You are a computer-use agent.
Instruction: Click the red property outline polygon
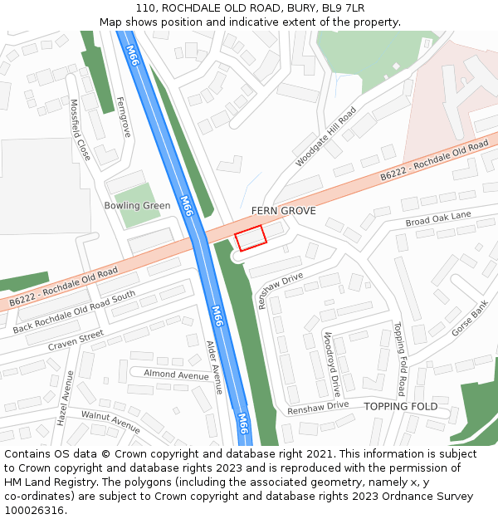tap(250, 238)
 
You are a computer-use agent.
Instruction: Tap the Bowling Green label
tap(137, 205)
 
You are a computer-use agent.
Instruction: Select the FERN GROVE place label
tap(283, 211)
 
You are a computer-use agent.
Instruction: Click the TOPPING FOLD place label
tap(400, 406)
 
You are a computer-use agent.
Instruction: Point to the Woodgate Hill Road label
tap(326, 136)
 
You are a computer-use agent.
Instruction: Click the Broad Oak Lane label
tap(437, 219)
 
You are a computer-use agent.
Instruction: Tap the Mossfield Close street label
tap(80, 130)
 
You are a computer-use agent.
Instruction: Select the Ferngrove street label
tap(124, 117)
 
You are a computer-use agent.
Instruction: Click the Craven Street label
tap(76, 340)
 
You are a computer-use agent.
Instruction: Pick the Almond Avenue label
tap(176, 375)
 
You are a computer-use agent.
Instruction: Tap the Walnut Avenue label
tap(110, 421)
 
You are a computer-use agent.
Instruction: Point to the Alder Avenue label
tap(214, 366)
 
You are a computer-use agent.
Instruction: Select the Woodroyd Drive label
tap(332, 364)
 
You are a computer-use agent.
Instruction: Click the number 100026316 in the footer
tap(35, 510)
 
